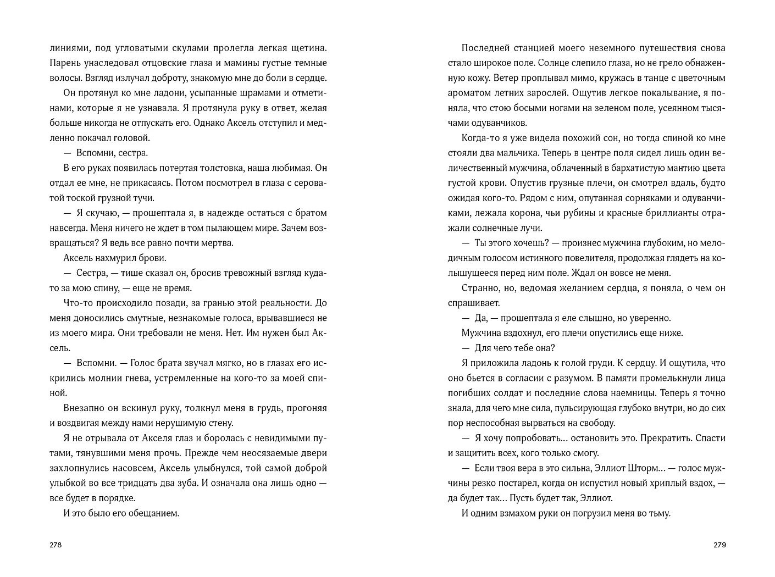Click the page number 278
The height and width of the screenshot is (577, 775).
pos(56,545)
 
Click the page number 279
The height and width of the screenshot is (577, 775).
pos(719,545)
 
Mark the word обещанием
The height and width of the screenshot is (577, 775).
pos(154,513)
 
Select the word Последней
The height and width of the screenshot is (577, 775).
pos(484,47)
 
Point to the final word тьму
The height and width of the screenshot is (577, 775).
pos(658,513)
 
